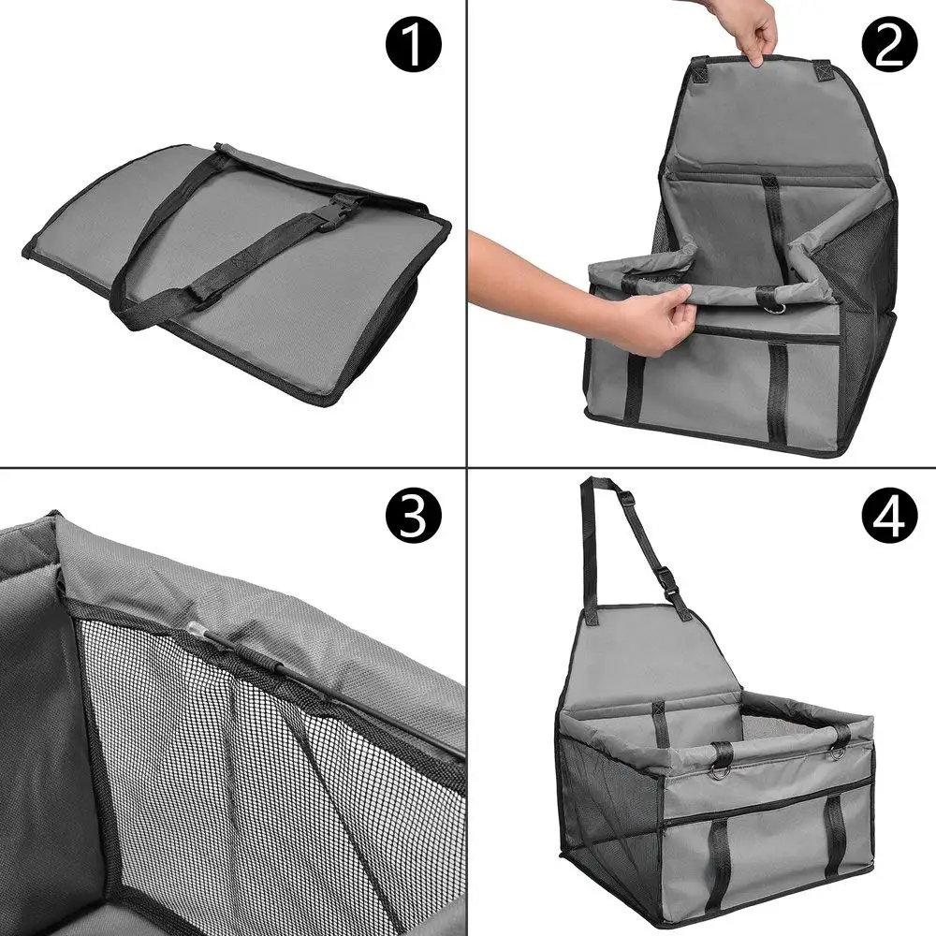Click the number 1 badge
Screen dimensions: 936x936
413,46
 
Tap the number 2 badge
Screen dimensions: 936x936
889,46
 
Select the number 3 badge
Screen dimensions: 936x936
413,517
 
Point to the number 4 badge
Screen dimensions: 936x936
889,517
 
